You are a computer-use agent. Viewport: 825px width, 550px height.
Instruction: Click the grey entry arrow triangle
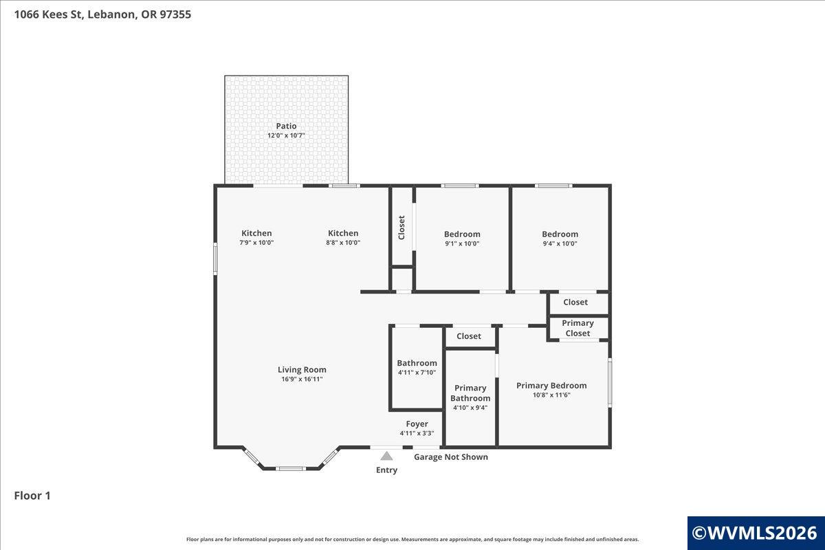pos(386,456)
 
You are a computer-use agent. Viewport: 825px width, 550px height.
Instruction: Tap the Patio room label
pos(286,126)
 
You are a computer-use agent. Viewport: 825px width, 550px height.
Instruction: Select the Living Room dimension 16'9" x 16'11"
pos(302,379)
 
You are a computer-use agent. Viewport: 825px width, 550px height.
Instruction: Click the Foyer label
pos(417,424)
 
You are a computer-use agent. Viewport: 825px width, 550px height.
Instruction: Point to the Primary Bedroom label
pos(551,386)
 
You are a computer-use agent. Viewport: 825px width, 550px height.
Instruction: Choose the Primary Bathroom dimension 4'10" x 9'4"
pos(470,408)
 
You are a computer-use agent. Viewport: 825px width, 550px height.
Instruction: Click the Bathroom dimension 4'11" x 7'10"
pos(417,373)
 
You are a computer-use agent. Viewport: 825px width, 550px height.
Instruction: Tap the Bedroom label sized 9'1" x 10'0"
pos(462,234)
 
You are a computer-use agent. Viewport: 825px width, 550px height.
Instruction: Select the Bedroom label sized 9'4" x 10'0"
pos(560,234)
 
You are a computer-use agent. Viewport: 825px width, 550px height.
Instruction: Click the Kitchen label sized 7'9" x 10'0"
pos(256,233)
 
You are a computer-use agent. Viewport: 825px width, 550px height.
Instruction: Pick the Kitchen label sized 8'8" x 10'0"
pos(343,233)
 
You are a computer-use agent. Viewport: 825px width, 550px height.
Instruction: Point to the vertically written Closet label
pos(401,228)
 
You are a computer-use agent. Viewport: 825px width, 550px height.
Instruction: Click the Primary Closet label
pos(578,328)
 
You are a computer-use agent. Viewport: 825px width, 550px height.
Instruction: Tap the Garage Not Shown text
pos(451,457)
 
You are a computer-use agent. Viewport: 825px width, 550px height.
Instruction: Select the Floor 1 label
pos(32,496)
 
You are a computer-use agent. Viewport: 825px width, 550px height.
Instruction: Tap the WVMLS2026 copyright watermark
pos(755,533)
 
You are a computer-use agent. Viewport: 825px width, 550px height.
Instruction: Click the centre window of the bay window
pos(291,469)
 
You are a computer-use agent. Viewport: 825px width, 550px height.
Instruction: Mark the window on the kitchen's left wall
pos(215,258)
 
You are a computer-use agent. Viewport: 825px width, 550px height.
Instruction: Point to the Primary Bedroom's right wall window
pos(610,383)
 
